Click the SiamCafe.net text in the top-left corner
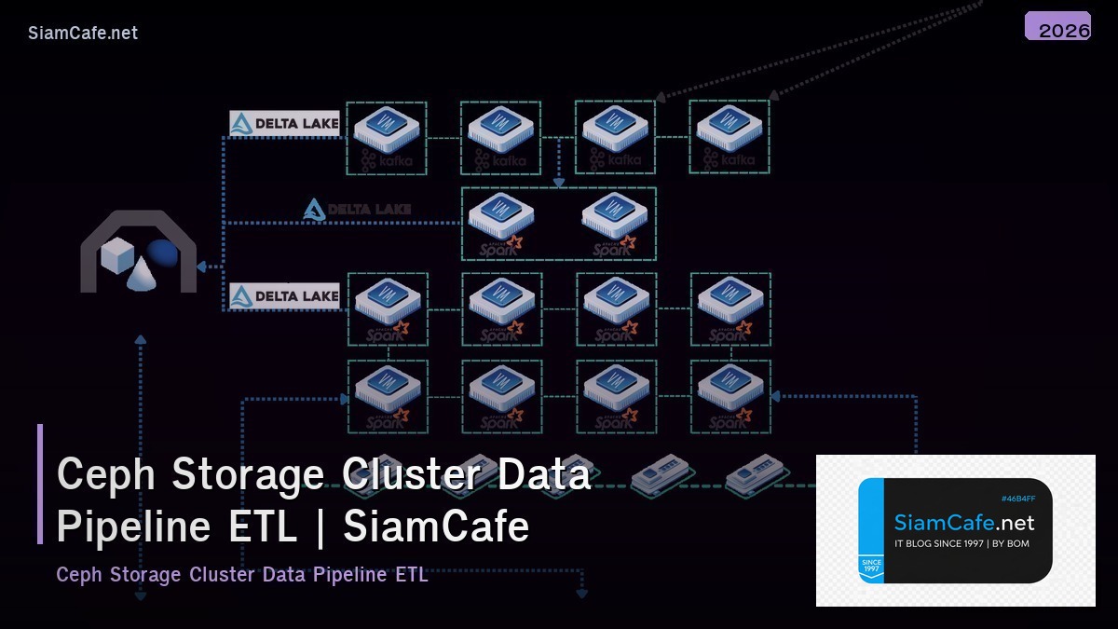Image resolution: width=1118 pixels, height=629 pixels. [x=83, y=33]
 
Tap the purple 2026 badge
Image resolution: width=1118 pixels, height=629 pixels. [x=1057, y=27]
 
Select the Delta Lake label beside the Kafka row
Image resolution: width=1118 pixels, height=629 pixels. [x=284, y=123]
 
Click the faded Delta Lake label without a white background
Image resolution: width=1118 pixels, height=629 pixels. [x=357, y=210]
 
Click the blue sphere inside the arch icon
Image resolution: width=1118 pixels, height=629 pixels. [x=163, y=253]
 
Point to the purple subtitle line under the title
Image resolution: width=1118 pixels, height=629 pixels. [x=242, y=574]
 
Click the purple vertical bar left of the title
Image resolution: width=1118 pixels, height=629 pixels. [x=40, y=484]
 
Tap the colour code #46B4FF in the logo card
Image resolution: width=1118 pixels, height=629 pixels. [x=1018, y=499]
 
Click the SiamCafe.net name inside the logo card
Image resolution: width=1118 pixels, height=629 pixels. [x=964, y=522]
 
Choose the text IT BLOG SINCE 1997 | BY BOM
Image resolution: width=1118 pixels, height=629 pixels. [x=961, y=543]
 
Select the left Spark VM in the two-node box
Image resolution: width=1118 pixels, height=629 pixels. [x=501, y=218]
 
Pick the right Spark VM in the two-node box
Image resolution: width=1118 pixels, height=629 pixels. [x=615, y=218]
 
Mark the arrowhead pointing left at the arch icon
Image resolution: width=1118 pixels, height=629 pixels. [x=202, y=267]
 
